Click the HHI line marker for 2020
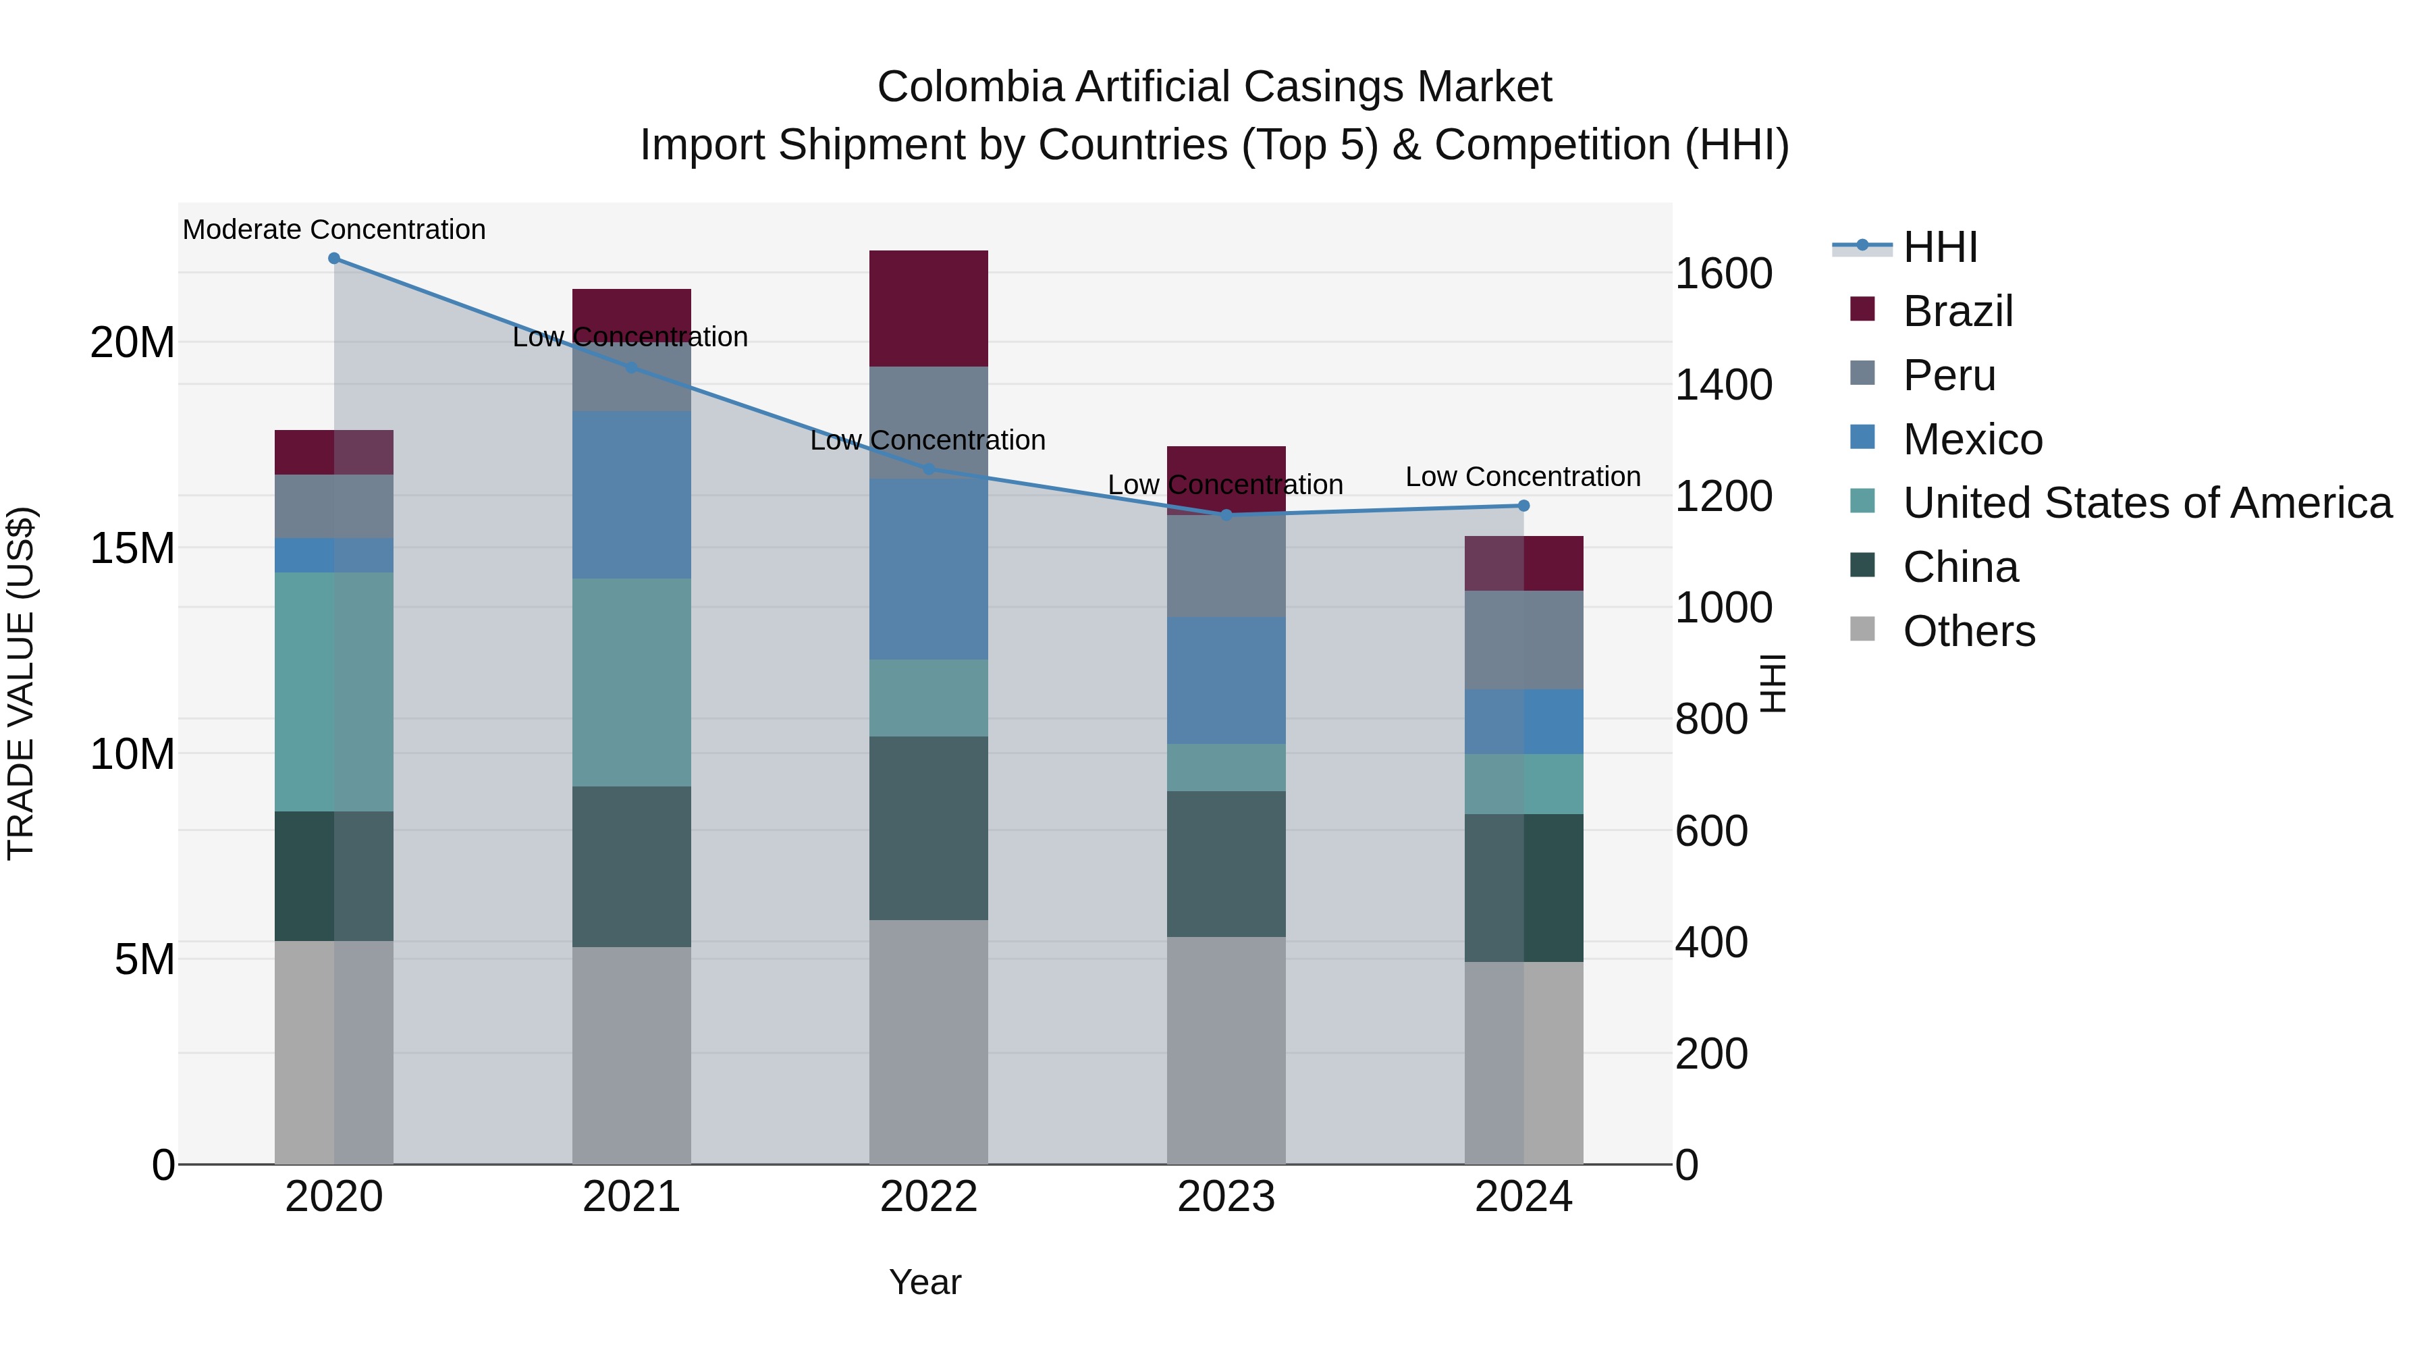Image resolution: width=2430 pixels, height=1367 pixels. coord(334,259)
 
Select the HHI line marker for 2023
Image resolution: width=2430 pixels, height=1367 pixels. coord(1226,515)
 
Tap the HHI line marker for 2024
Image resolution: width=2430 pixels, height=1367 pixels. coord(1523,506)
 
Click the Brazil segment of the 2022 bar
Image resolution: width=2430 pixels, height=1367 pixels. coord(928,309)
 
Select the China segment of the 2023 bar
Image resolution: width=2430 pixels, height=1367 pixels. coord(1226,863)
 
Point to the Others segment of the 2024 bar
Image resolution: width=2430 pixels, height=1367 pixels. coord(1523,1063)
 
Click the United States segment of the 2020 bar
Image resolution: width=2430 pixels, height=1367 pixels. coord(334,691)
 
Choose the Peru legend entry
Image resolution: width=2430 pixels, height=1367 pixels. coord(1948,375)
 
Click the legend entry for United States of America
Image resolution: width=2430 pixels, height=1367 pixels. coord(2146,503)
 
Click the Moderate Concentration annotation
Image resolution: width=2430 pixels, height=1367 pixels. coord(334,230)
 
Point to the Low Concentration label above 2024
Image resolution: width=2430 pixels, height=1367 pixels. coord(1523,477)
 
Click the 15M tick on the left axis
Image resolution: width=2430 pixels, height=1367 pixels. coord(132,548)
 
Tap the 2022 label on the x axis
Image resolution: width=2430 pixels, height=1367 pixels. coord(928,1197)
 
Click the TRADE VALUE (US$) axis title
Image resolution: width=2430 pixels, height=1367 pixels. coord(21,683)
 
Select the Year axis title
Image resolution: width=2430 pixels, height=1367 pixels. coord(925,1282)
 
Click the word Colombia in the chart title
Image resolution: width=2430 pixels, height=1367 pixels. coord(971,87)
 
